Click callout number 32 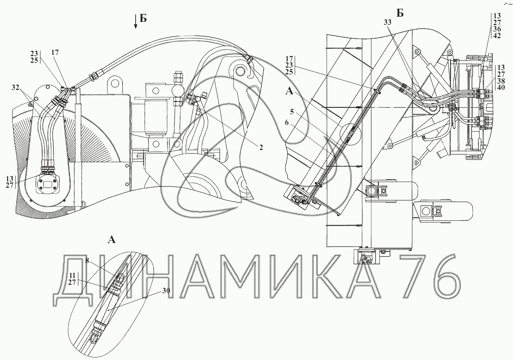[x=16, y=88]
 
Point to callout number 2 [x=261, y=147]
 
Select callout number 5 [x=291, y=112]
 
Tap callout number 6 [x=287, y=123]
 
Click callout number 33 [x=387, y=22]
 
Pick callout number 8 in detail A [x=87, y=261]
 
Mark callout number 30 [x=166, y=290]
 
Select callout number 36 [x=497, y=29]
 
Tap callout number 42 [x=497, y=35]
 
